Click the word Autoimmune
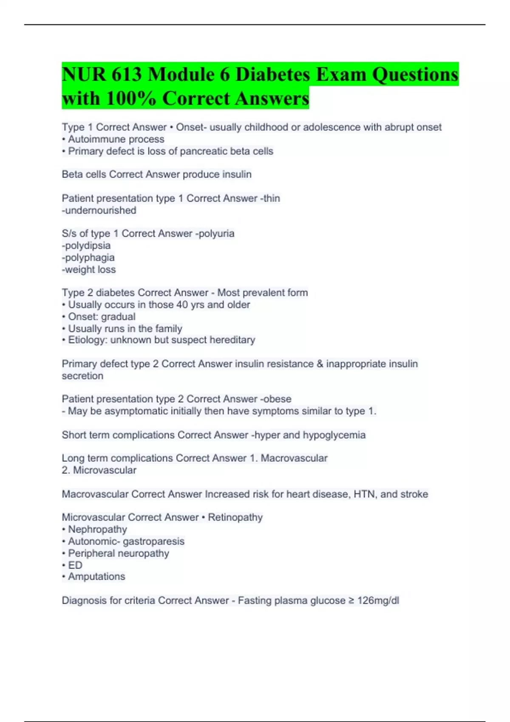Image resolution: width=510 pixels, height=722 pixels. point(94,139)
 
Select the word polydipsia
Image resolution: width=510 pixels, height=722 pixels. point(88,245)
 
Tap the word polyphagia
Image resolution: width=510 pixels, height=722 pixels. point(89,257)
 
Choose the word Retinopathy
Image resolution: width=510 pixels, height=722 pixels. point(235,517)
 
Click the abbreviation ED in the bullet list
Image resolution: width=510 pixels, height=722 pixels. point(75,565)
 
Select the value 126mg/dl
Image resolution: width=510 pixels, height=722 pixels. point(378,601)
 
